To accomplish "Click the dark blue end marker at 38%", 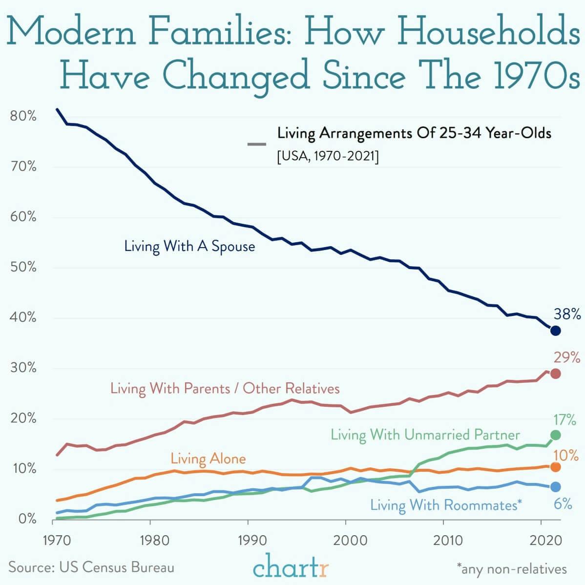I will click(x=555, y=331).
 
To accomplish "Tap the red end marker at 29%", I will click(x=555, y=374).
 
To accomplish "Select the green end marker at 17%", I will click(x=555, y=435).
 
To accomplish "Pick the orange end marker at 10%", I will click(x=555, y=467).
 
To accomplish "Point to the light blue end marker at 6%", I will click(x=555, y=487).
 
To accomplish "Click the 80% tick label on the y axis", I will click(x=23, y=117).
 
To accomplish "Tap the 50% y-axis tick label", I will click(x=23, y=268).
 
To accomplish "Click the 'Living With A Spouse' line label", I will click(x=189, y=246).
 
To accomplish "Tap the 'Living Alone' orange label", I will click(x=208, y=459).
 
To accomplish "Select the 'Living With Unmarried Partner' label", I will click(x=425, y=435).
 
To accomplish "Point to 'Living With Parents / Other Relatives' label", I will click(x=225, y=389).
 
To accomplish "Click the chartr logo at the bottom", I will click(x=292, y=568).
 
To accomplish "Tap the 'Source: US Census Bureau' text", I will click(x=91, y=567).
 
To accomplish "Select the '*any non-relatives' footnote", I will click(x=511, y=569).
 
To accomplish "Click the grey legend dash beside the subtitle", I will click(x=257, y=144).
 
